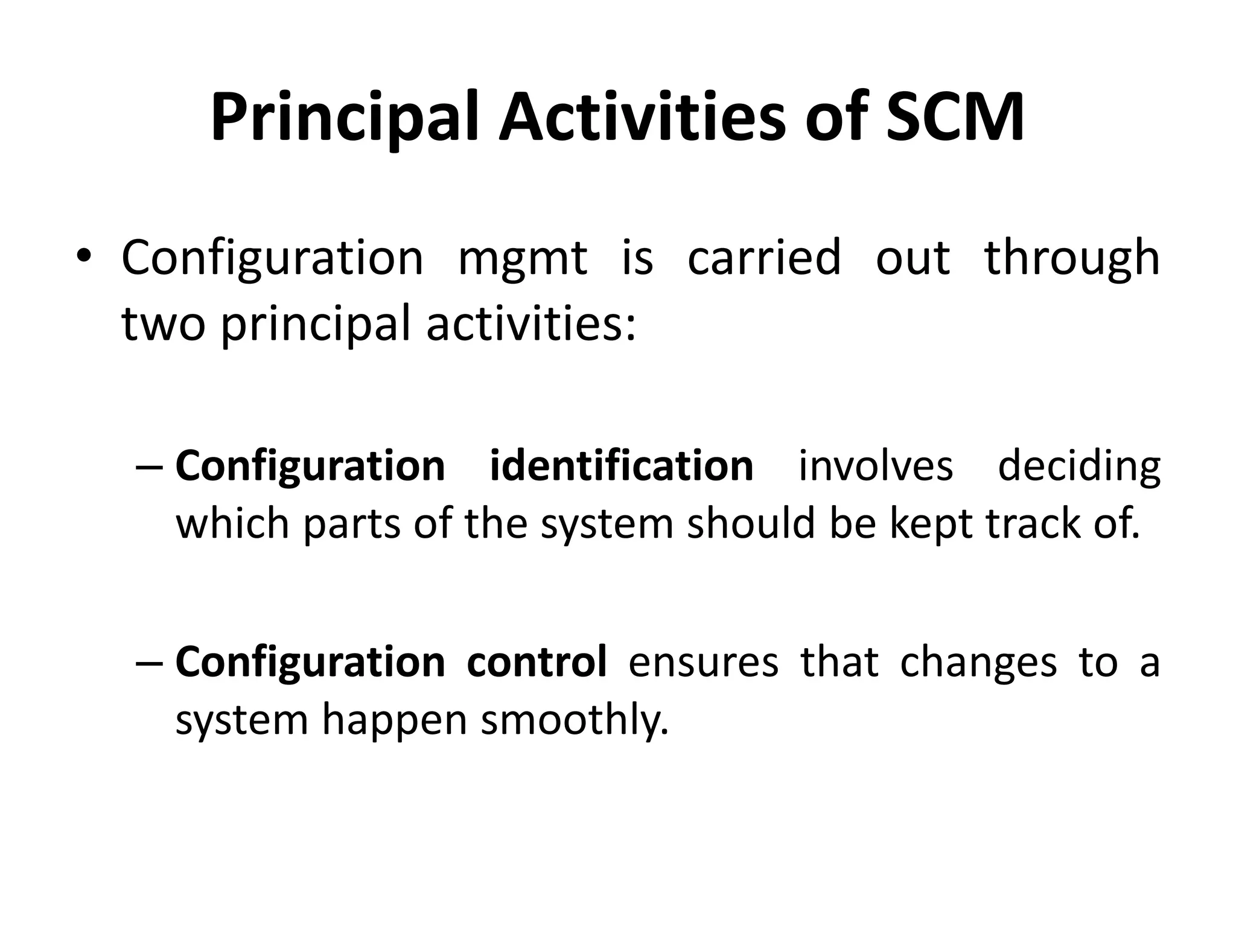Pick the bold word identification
(x=621, y=466)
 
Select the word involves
(x=875, y=467)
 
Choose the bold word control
(x=537, y=662)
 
